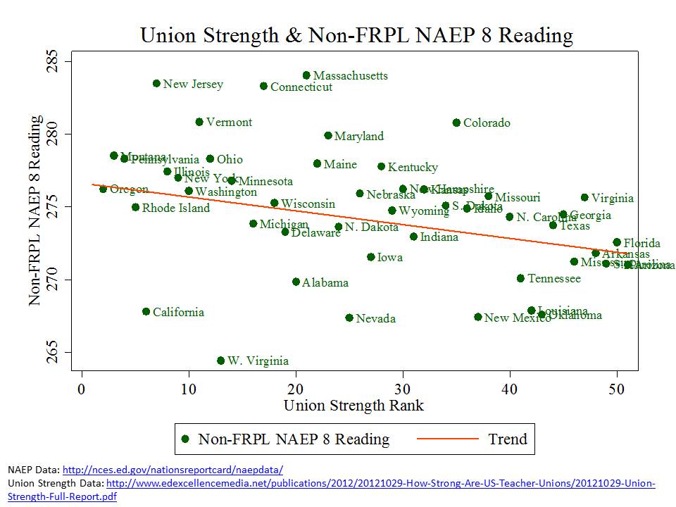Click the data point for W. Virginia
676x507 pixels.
coord(220,361)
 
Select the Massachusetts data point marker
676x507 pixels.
coord(306,75)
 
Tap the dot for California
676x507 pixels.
coord(146,311)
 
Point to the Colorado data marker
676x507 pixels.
coord(456,123)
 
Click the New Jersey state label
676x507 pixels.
coord(193,84)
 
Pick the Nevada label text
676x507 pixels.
coord(375,319)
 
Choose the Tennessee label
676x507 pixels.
coord(554,279)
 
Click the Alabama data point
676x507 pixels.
coord(296,282)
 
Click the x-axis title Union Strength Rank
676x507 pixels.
coord(353,406)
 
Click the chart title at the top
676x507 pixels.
coord(356,35)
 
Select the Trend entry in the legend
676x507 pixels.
coord(507,439)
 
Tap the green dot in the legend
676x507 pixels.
coord(185,439)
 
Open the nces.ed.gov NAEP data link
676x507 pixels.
coord(173,469)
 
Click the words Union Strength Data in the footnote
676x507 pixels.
coord(55,483)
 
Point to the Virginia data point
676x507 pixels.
coord(584,198)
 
